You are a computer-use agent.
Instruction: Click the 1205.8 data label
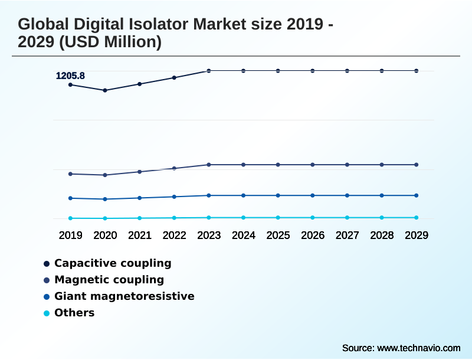pos(70,76)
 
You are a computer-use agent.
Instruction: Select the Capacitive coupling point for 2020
pos(105,90)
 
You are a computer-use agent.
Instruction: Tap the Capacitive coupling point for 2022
pos(174,77)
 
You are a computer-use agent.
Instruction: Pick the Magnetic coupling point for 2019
pos(70,174)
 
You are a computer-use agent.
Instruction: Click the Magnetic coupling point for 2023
pos(209,165)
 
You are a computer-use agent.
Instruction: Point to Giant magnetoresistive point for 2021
pos(140,198)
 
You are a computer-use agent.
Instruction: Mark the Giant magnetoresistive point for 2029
pos(417,195)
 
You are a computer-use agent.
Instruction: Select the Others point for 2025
pos(278,218)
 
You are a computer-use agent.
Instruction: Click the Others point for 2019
pos(70,218)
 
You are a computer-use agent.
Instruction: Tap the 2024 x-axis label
pos(243,235)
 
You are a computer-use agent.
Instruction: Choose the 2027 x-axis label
pos(347,235)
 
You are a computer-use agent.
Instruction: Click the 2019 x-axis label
pos(70,235)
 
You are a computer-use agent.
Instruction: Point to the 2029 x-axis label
pos(417,235)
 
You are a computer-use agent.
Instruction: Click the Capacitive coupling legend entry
pos(112,263)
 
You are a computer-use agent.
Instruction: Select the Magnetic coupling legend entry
pos(109,280)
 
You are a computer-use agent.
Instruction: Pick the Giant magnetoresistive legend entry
pos(124,296)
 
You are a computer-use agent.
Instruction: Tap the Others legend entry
pos(74,313)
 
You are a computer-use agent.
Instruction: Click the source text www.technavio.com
pos(419,348)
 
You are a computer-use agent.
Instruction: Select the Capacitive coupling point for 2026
pos(313,71)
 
